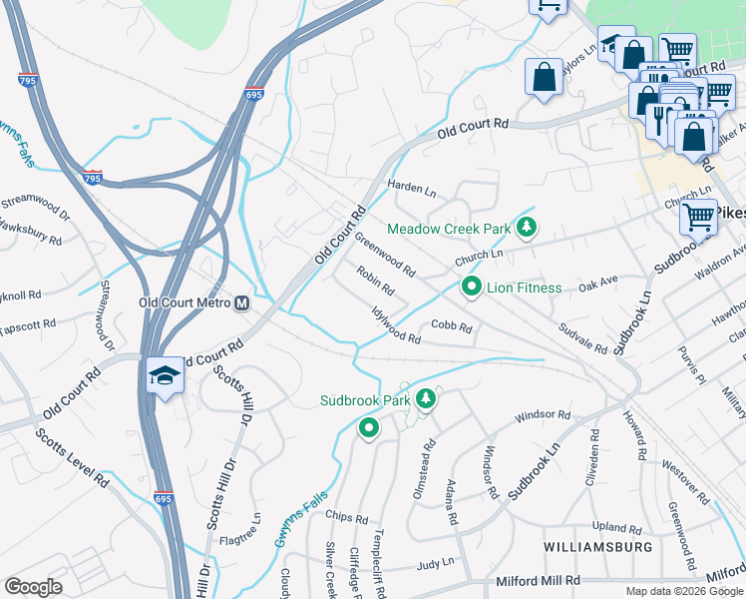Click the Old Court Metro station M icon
(242, 302)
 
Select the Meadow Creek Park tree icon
(529, 229)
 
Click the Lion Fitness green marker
(472, 288)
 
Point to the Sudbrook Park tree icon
(427, 399)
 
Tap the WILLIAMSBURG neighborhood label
(598, 547)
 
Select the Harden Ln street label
(412, 189)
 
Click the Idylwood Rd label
(396, 325)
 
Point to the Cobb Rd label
(451, 326)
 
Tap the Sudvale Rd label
(582, 338)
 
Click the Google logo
(33, 586)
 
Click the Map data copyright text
(683, 591)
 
